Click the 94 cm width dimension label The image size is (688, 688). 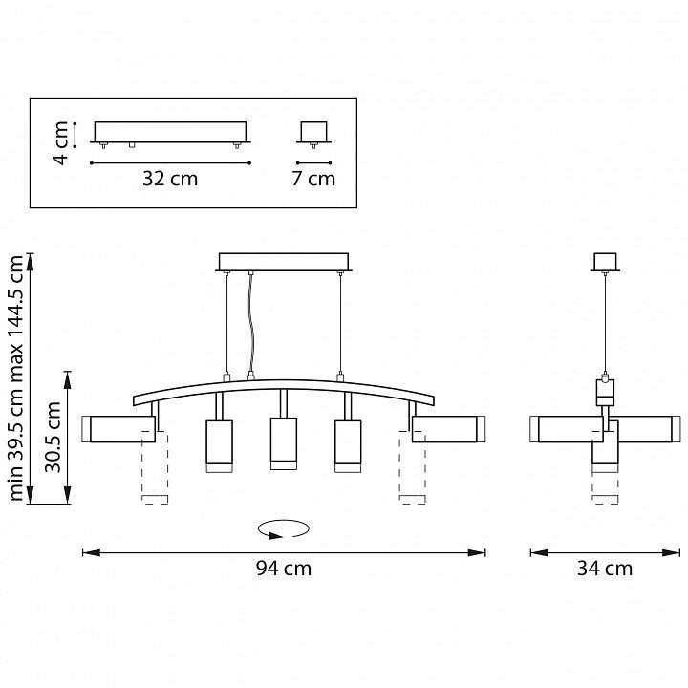tap(284, 569)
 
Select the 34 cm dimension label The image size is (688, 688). tap(605, 569)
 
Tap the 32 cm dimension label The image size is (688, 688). tap(170, 179)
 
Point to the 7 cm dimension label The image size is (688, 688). tap(313, 179)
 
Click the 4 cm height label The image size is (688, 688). tap(60, 143)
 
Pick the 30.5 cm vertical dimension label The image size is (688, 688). tap(53, 437)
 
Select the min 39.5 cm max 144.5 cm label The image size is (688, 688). tap(16, 378)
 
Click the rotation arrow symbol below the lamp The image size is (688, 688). tap(284, 528)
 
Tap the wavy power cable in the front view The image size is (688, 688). tap(251, 324)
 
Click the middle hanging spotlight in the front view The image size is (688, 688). tap(284, 443)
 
